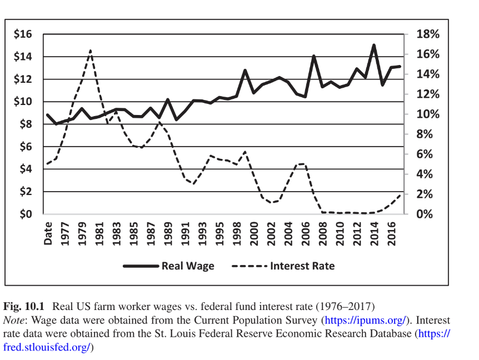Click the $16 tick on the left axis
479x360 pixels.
(23, 34)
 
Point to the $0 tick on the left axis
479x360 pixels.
(25, 214)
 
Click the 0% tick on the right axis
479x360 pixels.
(425, 214)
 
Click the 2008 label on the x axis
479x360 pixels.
(323, 233)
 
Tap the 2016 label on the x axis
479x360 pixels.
(391, 233)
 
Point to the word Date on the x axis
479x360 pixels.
(48, 233)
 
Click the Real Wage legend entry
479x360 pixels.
(188, 266)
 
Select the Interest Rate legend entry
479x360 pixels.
(302, 266)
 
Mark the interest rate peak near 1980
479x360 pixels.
(90, 51)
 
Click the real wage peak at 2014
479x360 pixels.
(374, 46)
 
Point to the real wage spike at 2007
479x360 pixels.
(314, 56)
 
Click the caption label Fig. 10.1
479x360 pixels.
(25, 307)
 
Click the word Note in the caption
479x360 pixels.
(14, 321)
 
